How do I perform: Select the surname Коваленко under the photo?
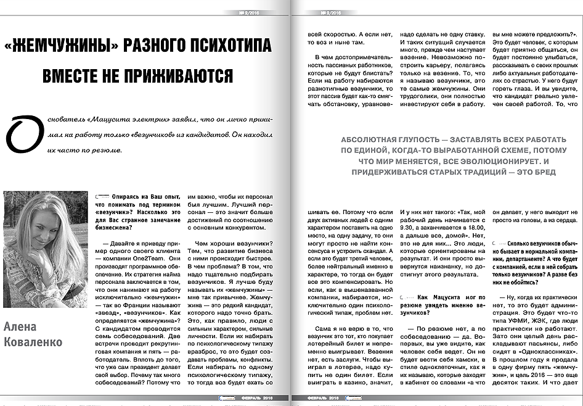click(33, 342)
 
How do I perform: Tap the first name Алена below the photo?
click(20, 326)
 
